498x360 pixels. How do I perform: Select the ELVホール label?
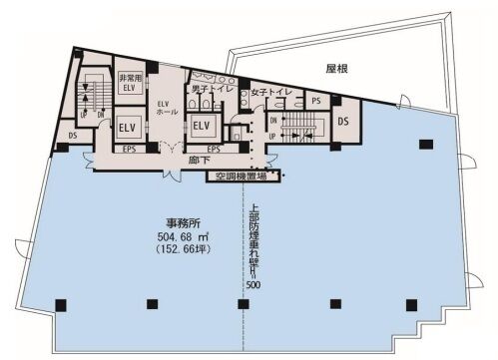165,107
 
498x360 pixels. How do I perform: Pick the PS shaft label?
314,101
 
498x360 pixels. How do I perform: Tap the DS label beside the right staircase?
342,121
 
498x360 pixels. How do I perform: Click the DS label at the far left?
74,133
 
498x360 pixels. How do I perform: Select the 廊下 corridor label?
200,160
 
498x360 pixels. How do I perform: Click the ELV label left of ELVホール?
128,128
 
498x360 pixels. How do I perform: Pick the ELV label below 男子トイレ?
201,126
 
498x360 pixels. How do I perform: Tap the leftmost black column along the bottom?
61,303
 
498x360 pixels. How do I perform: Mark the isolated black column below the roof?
427,146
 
